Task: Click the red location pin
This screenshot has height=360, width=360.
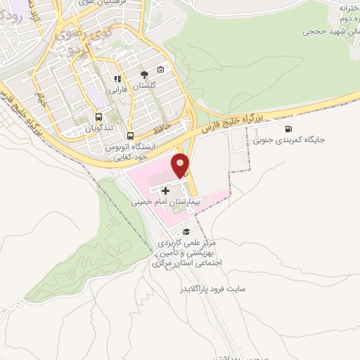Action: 181,165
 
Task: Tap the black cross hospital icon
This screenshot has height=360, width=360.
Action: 166,190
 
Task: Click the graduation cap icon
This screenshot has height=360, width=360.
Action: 186,232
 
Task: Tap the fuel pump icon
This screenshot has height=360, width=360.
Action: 288,129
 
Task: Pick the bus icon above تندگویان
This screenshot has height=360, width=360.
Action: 98,118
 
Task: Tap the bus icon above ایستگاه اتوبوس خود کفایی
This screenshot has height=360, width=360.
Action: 130,136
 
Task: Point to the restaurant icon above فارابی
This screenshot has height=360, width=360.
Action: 118,79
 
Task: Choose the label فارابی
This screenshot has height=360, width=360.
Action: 115,91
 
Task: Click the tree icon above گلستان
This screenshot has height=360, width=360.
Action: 144,73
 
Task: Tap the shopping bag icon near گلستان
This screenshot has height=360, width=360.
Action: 160,69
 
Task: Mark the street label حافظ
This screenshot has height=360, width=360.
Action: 162,129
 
